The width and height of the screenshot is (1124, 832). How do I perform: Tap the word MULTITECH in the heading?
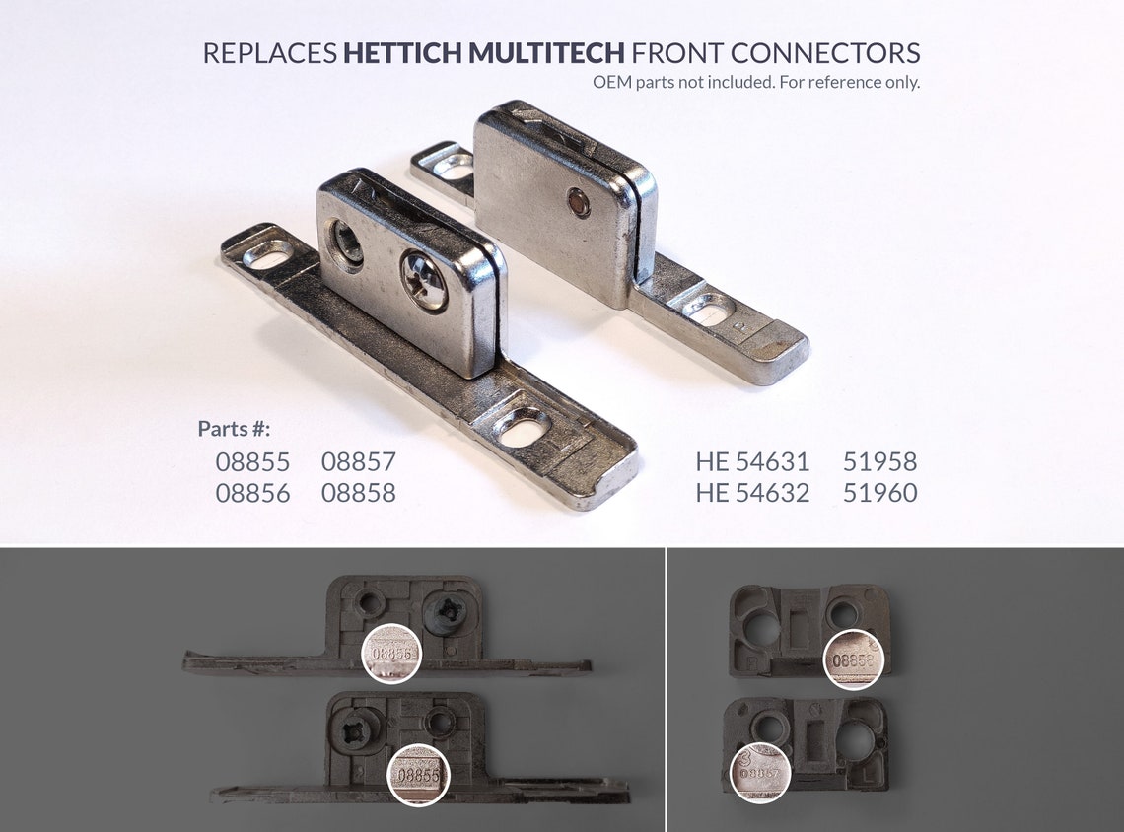(546, 53)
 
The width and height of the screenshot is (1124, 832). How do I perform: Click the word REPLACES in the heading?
(269, 53)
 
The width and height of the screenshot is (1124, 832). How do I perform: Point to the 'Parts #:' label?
(234, 429)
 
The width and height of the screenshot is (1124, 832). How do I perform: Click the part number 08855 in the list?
(252, 461)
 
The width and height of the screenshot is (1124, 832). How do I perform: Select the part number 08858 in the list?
(358, 493)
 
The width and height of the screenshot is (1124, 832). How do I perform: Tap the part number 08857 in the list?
(358, 461)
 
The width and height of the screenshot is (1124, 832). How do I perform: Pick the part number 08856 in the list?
(252, 493)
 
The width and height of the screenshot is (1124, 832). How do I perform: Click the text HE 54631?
(752, 461)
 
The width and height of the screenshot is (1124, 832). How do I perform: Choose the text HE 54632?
(752, 493)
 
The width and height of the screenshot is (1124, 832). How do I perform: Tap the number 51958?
(879, 461)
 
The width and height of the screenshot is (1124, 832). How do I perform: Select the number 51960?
(879, 493)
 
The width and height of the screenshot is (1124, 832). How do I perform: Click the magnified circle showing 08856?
(391, 654)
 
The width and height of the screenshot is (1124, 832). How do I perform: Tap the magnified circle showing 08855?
(418, 774)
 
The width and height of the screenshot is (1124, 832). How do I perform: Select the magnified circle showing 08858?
(853, 659)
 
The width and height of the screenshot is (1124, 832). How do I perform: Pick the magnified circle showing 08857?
(760, 772)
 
